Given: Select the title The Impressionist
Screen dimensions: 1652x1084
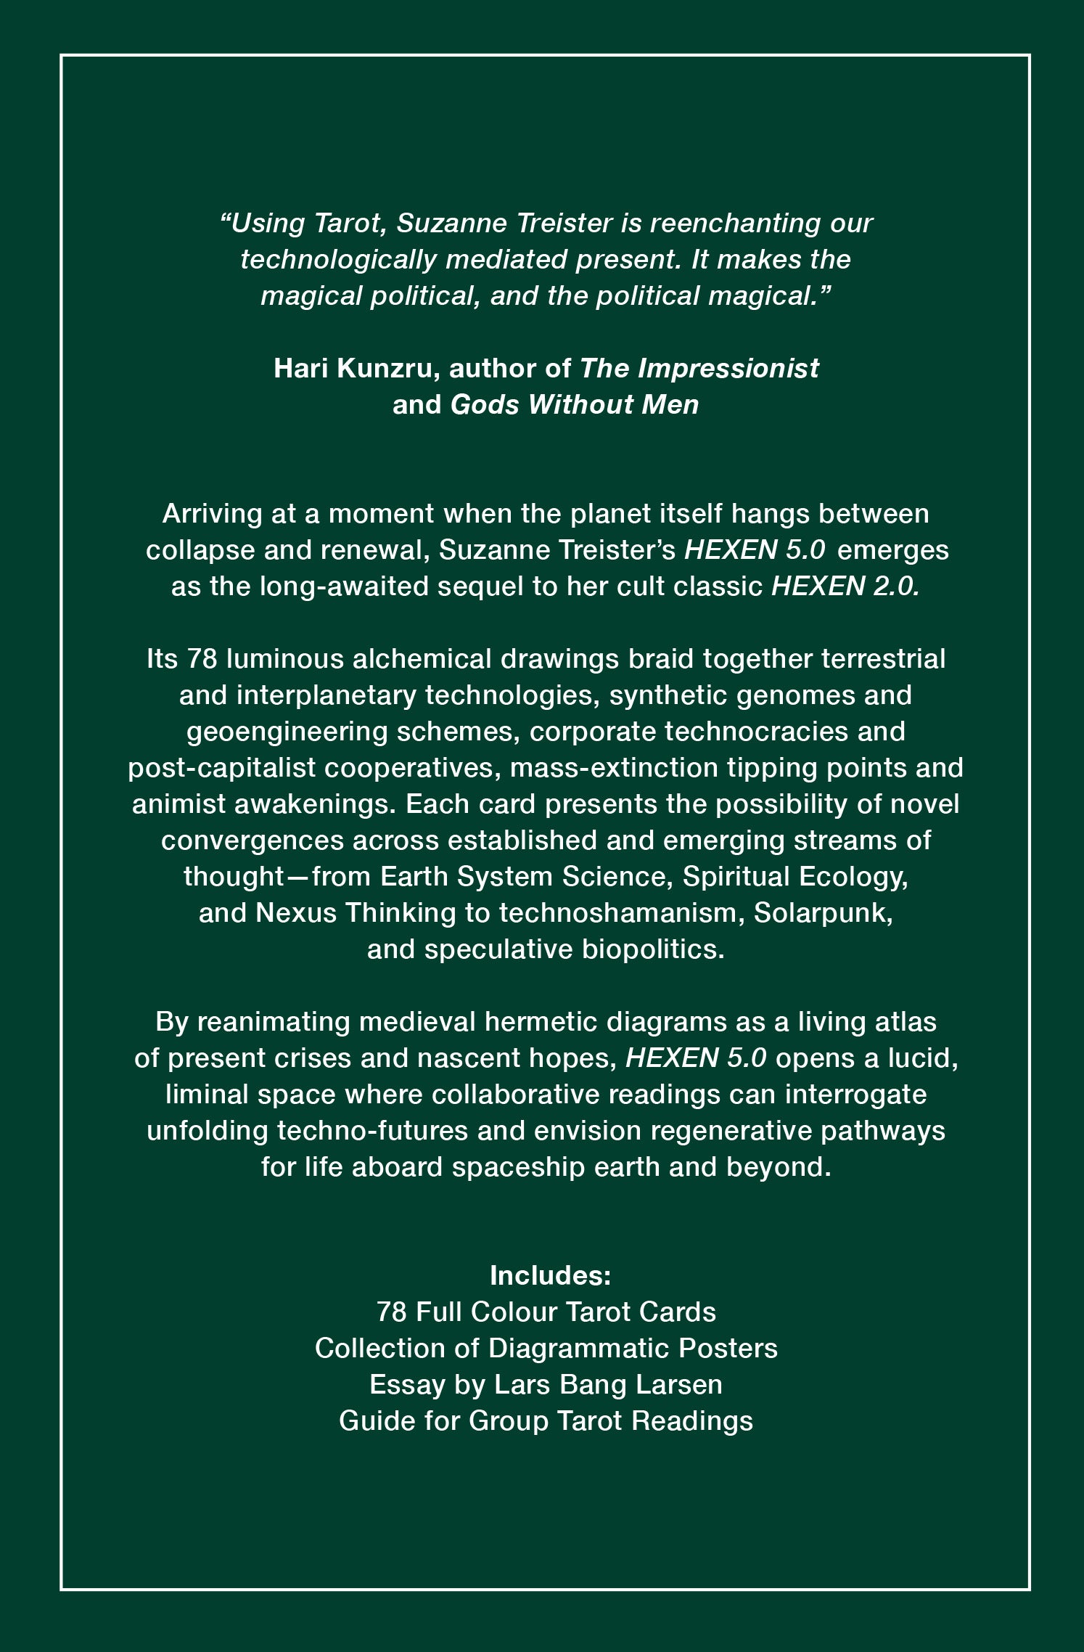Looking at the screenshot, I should coord(699,369).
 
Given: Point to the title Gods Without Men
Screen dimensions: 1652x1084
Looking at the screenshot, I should coord(574,405).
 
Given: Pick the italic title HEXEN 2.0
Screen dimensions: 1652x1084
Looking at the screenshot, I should coord(845,586).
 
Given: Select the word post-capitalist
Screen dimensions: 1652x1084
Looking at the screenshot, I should coord(221,768).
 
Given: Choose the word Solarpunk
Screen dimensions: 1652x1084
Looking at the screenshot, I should coord(823,913).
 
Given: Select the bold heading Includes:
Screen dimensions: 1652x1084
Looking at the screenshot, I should coord(550,1275).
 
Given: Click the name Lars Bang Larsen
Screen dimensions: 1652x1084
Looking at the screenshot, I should coord(608,1384).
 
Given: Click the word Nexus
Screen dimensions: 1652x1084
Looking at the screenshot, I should coord(296,913).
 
